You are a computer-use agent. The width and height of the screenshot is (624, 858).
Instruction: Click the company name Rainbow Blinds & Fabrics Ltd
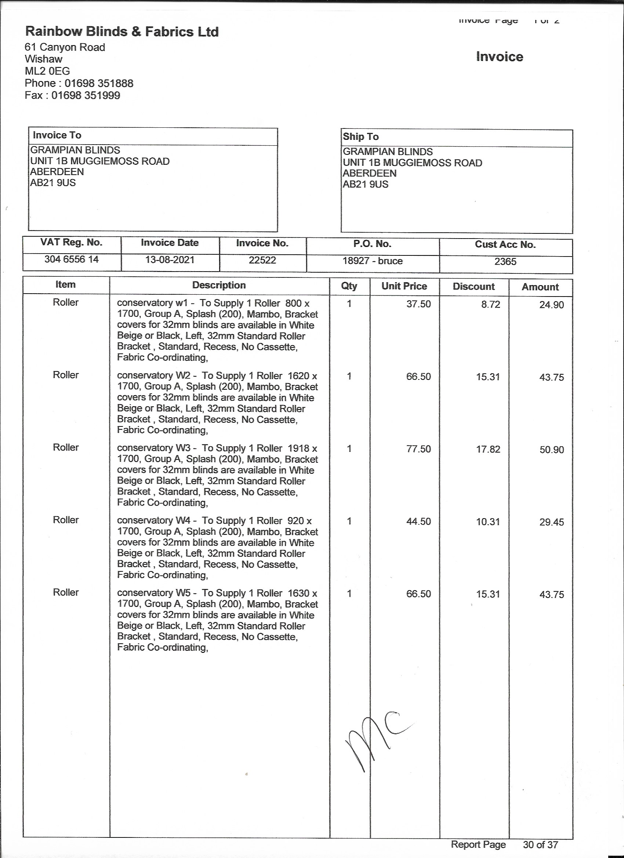pyautogui.click(x=121, y=32)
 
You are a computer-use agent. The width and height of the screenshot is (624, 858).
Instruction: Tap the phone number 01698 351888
pyautogui.click(x=99, y=83)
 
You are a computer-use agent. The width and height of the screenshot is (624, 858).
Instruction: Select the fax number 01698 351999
pyautogui.click(x=86, y=95)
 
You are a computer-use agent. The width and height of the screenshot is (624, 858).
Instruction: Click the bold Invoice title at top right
pyautogui.click(x=499, y=57)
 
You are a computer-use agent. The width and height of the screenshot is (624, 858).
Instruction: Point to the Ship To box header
pyautogui.click(x=360, y=137)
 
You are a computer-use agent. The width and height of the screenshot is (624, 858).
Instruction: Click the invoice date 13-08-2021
pyautogui.click(x=170, y=260)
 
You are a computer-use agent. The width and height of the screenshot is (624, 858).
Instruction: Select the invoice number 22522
pyautogui.click(x=262, y=260)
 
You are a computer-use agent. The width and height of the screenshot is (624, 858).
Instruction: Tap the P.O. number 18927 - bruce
pyautogui.click(x=372, y=261)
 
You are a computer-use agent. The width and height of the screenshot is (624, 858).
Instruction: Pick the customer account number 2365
pyautogui.click(x=505, y=262)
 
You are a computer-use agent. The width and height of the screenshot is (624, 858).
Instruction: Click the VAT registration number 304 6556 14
pyautogui.click(x=72, y=259)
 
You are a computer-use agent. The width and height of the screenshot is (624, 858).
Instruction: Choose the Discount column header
pyautogui.click(x=474, y=286)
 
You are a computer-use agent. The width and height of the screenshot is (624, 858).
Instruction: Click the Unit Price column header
pyautogui.click(x=404, y=286)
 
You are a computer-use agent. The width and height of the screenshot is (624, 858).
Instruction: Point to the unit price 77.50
pyautogui.click(x=418, y=449)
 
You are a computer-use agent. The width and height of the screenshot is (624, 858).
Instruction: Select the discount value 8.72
pyautogui.click(x=490, y=305)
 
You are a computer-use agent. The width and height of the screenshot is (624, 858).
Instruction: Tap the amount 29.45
pyautogui.click(x=551, y=522)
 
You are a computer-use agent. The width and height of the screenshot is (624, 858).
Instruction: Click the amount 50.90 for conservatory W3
pyautogui.click(x=551, y=450)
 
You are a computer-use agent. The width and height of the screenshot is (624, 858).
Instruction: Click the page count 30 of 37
pyautogui.click(x=540, y=844)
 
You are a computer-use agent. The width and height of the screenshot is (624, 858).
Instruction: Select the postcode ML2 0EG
pyautogui.click(x=47, y=71)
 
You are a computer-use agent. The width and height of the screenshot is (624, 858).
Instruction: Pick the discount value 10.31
pyautogui.click(x=488, y=522)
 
